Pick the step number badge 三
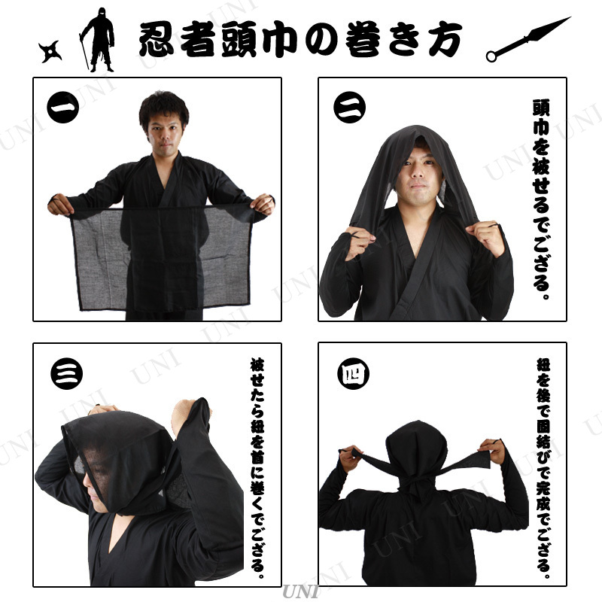pos(65,373)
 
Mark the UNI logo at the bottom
pos(301,594)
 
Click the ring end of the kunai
pos(492,55)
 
